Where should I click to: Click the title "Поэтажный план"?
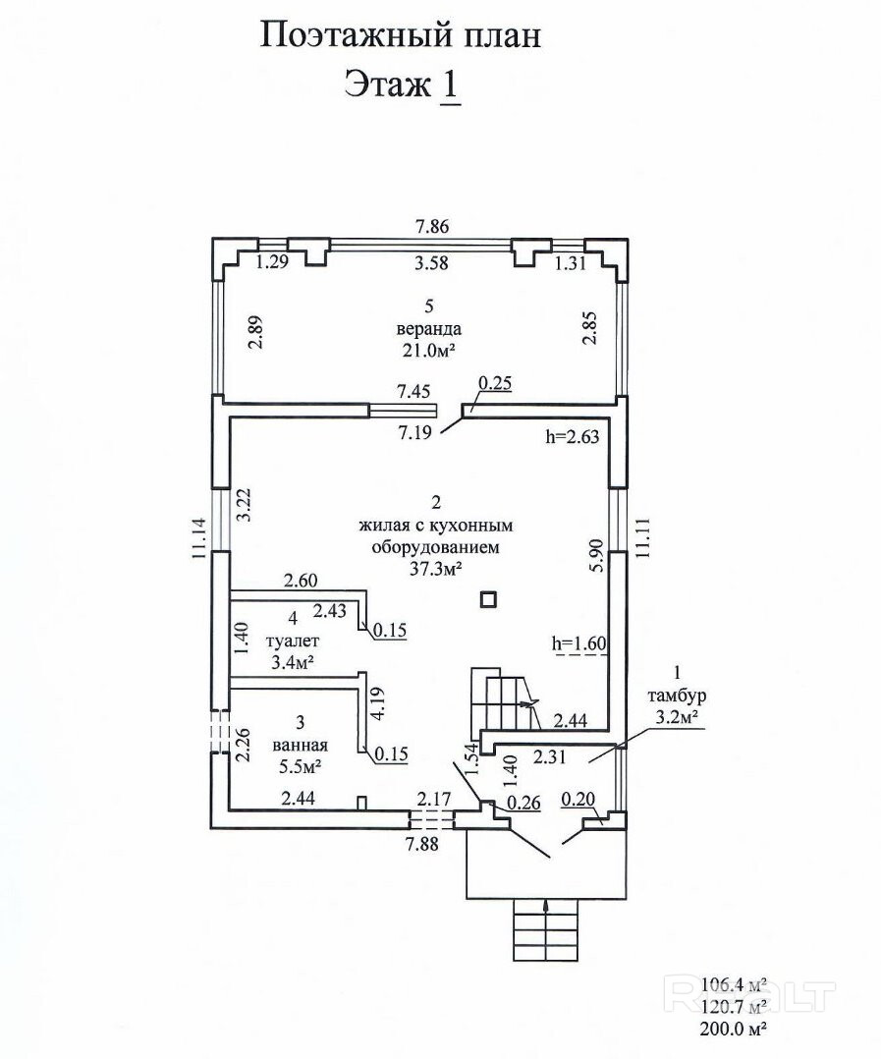click(401, 36)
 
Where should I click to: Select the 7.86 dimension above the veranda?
click(431, 226)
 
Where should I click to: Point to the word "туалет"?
click(292, 641)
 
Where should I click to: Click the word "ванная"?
click(300, 745)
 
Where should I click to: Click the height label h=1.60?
click(579, 644)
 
